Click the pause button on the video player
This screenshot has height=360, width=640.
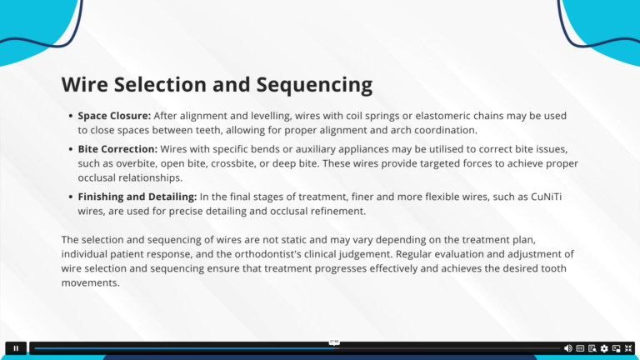point(16,348)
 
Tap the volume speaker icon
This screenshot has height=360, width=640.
point(567,348)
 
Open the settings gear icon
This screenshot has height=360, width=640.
point(604,348)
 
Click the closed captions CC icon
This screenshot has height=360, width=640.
point(580,348)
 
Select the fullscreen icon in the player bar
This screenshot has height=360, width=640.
point(628,348)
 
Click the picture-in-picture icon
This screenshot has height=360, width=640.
point(617,348)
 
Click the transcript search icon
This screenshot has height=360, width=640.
point(592,348)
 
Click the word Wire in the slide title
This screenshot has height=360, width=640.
point(85,84)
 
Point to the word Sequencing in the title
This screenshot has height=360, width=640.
point(314,85)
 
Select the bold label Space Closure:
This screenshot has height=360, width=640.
point(114,116)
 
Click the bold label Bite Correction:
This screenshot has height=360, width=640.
point(117,149)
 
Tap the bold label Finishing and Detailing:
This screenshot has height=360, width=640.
point(137,197)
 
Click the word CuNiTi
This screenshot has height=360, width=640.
point(546,197)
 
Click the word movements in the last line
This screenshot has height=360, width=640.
point(89,282)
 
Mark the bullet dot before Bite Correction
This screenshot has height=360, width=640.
point(71,149)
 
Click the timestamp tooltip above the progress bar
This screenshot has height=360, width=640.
point(334,342)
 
